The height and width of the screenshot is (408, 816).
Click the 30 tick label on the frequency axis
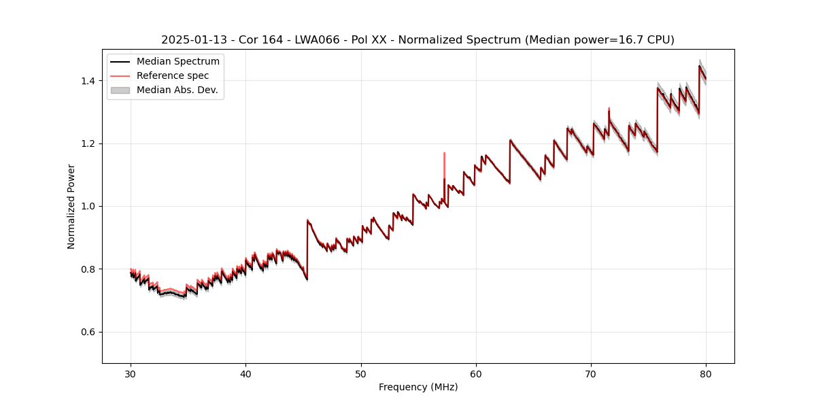(x=131, y=373)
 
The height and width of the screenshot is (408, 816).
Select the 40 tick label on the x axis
(x=245, y=373)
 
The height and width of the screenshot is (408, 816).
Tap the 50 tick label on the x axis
(x=360, y=373)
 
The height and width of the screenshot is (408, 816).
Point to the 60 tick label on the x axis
(x=476, y=373)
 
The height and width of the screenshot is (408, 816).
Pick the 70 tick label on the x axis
(x=591, y=373)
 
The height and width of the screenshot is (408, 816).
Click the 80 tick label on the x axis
(x=706, y=373)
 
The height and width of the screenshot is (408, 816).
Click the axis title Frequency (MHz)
(x=418, y=387)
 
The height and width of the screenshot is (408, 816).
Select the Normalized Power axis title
(x=71, y=206)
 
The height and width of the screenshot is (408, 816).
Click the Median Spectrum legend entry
(x=177, y=62)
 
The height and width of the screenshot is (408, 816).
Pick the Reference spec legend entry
(x=173, y=75)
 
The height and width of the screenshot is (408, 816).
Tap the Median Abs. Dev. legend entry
(x=177, y=90)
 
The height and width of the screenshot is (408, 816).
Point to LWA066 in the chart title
(x=316, y=40)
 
